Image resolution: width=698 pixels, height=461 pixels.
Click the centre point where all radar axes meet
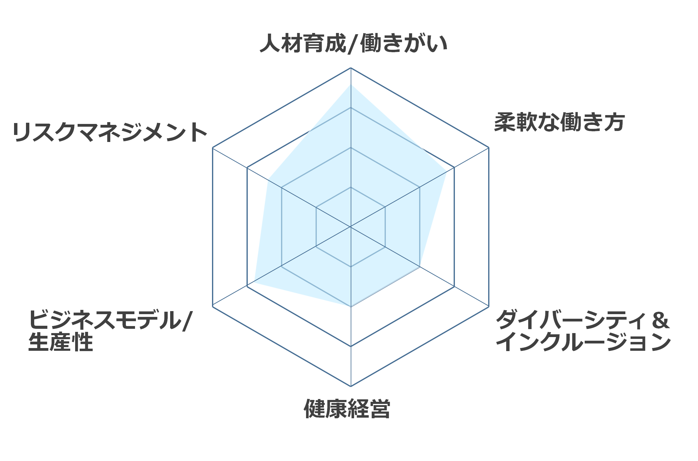pyautogui.click(x=351, y=227)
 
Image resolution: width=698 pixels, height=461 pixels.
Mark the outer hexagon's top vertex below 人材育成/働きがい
pyautogui.click(x=351, y=68)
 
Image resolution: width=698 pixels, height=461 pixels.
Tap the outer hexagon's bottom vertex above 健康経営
pyautogui.click(x=351, y=386)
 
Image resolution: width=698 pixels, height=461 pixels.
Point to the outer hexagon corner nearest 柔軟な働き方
pyautogui.click(x=489, y=147)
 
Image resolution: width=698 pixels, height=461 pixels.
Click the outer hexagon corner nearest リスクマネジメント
pyautogui.click(x=213, y=147)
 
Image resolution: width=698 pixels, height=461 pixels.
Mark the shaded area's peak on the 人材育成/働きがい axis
pyautogui.click(x=351, y=84)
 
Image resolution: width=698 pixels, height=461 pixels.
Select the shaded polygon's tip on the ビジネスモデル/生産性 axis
pyautogui.click(x=254, y=283)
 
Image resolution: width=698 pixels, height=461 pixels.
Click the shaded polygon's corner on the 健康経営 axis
pyautogui.click(x=351, y=307)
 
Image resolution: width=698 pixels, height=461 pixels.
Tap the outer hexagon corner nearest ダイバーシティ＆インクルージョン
pyautogui.click(x=489, y=307)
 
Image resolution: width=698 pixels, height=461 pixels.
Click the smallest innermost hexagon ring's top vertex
pyautogui.click(x=351, y=187)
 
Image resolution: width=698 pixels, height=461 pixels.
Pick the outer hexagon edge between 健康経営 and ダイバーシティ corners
pyautogui.click(x=420, y=347)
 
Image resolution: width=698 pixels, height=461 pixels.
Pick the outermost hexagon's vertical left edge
pyautogui.click(x=213, y=227)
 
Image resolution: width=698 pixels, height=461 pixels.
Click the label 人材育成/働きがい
pyautogui.click(x=353, y=43)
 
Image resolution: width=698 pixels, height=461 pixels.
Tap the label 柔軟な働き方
pyautogui.click(x=559, y=122)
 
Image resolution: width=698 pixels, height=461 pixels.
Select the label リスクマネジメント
pyautogui.click(x=110, y=132)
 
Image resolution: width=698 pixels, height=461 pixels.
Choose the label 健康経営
pyautogui.click(x=347, y=408)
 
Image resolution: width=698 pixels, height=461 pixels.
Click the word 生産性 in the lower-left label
pyautogui.click(x=61, y=342)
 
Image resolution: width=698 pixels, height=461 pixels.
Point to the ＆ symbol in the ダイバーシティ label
pyautogui.click(x=660, y=320)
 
